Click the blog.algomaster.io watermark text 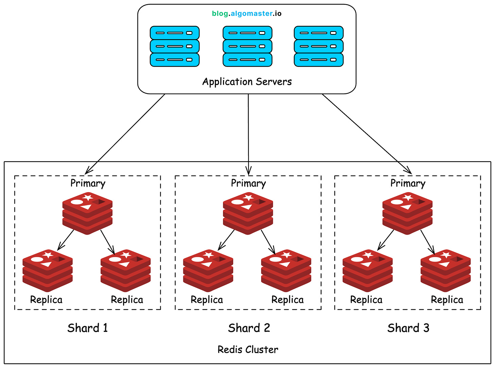246,14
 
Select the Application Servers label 247,82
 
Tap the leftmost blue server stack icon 174,46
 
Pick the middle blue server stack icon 247,46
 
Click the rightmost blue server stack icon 319,46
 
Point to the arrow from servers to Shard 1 125,134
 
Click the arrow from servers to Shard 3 367,134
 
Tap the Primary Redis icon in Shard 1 87,213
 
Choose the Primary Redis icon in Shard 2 248,213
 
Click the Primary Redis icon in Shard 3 407,213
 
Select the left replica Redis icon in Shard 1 48,270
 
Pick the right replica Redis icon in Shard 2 286,270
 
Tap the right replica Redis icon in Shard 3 445,270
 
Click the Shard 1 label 87,328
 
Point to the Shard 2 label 249,328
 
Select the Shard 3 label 408,328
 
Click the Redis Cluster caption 248,350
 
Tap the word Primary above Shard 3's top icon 408,183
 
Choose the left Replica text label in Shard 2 207,300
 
